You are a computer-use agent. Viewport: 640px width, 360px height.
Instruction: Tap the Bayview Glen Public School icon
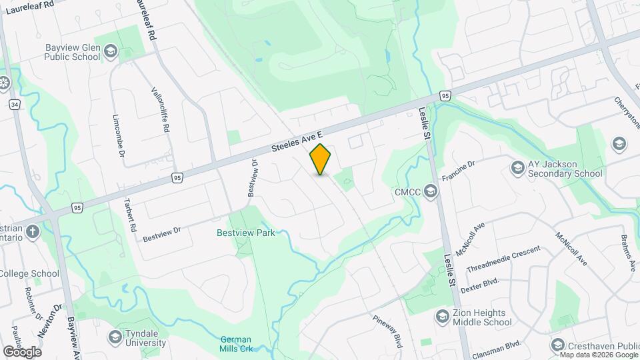click(110, 52)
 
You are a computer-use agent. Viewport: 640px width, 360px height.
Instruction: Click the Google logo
click(22, 351)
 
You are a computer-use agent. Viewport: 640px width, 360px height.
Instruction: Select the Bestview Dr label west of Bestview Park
click(162, 231)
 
